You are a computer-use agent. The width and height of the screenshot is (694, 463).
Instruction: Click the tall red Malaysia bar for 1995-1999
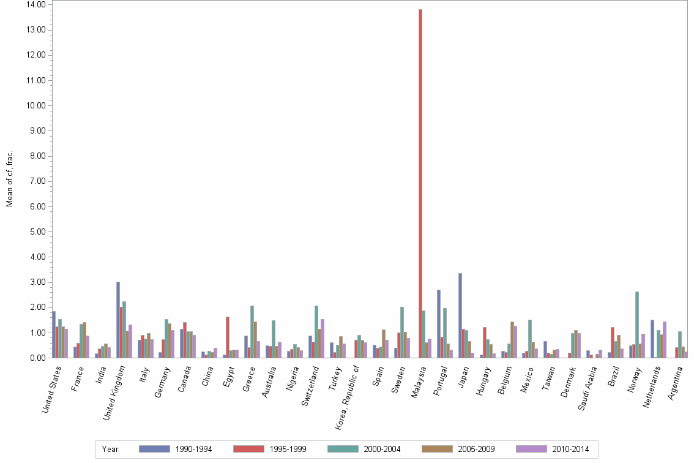[420, 184]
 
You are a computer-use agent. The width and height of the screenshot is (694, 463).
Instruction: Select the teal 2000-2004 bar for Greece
[252, 331]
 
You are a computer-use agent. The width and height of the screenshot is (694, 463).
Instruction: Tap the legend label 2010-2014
[570, 450]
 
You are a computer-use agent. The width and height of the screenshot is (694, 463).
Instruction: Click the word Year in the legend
[110, 450]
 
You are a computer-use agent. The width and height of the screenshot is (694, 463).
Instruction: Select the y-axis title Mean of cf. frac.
[9, 179]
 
